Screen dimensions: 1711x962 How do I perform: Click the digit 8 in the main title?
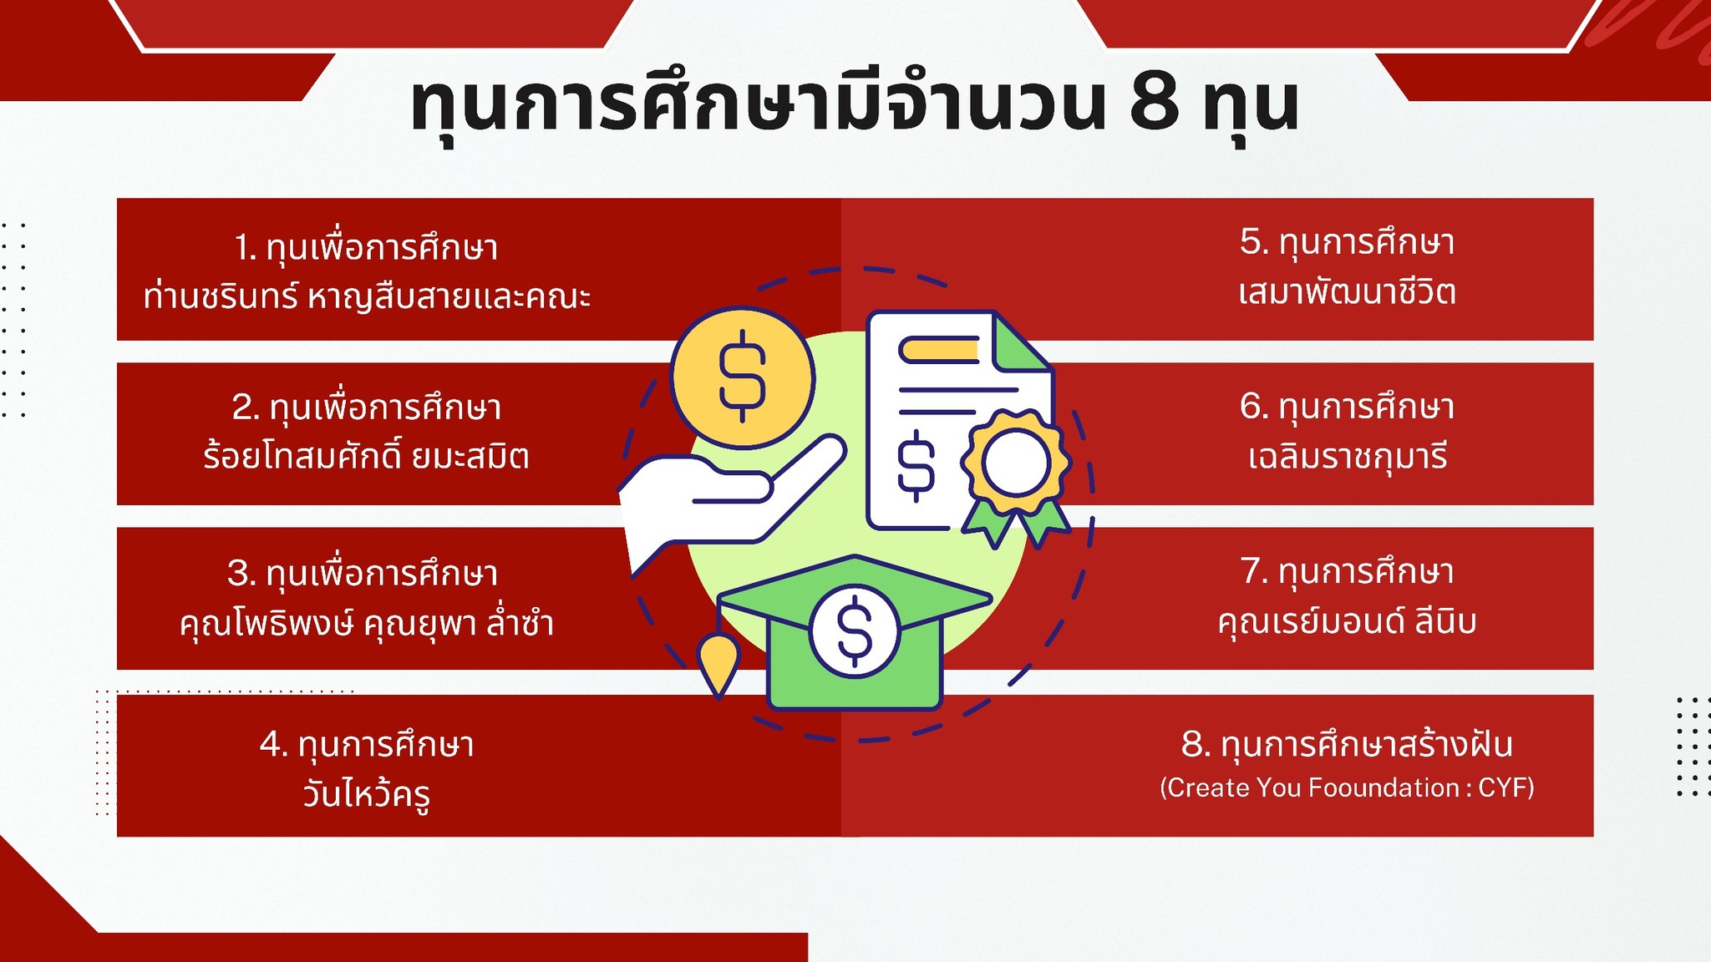1155,105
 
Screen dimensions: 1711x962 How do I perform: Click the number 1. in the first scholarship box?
245,248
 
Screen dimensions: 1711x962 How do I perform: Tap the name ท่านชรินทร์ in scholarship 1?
221,295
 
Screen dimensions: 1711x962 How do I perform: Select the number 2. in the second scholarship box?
246,408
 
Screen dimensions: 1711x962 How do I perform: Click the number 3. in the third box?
241,574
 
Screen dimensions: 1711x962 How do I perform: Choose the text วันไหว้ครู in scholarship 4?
367,792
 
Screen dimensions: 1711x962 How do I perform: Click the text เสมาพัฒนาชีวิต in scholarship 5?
1347,292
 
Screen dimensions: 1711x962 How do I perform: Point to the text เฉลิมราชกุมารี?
1347,457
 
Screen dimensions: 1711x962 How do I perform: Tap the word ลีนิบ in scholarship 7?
1445,621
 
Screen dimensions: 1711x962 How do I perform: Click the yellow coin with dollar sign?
742,377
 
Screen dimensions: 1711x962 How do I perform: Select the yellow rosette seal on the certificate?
1015,463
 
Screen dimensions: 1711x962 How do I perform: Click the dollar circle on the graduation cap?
854,631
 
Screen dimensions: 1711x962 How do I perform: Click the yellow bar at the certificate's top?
939,350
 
